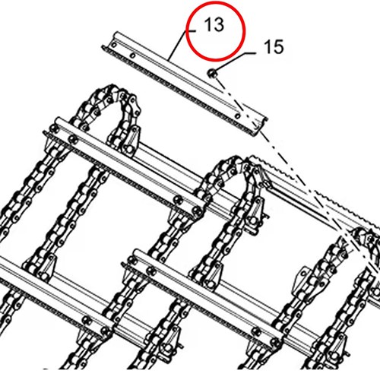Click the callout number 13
click(x=214, y=25)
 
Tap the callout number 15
click(x=274, y=47)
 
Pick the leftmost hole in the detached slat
click(x=114, y=46)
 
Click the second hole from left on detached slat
click(x=133, y=55)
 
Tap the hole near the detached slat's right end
click(x=237, y=116)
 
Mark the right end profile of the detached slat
click(x=261, y=125)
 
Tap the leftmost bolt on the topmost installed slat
click(x=53, y=128)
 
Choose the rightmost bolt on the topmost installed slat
click(x=196, y=211)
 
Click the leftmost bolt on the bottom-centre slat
click(x=131, y=261)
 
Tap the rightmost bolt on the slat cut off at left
click(x=103, y=331)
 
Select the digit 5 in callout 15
click(x=278, y=47)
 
